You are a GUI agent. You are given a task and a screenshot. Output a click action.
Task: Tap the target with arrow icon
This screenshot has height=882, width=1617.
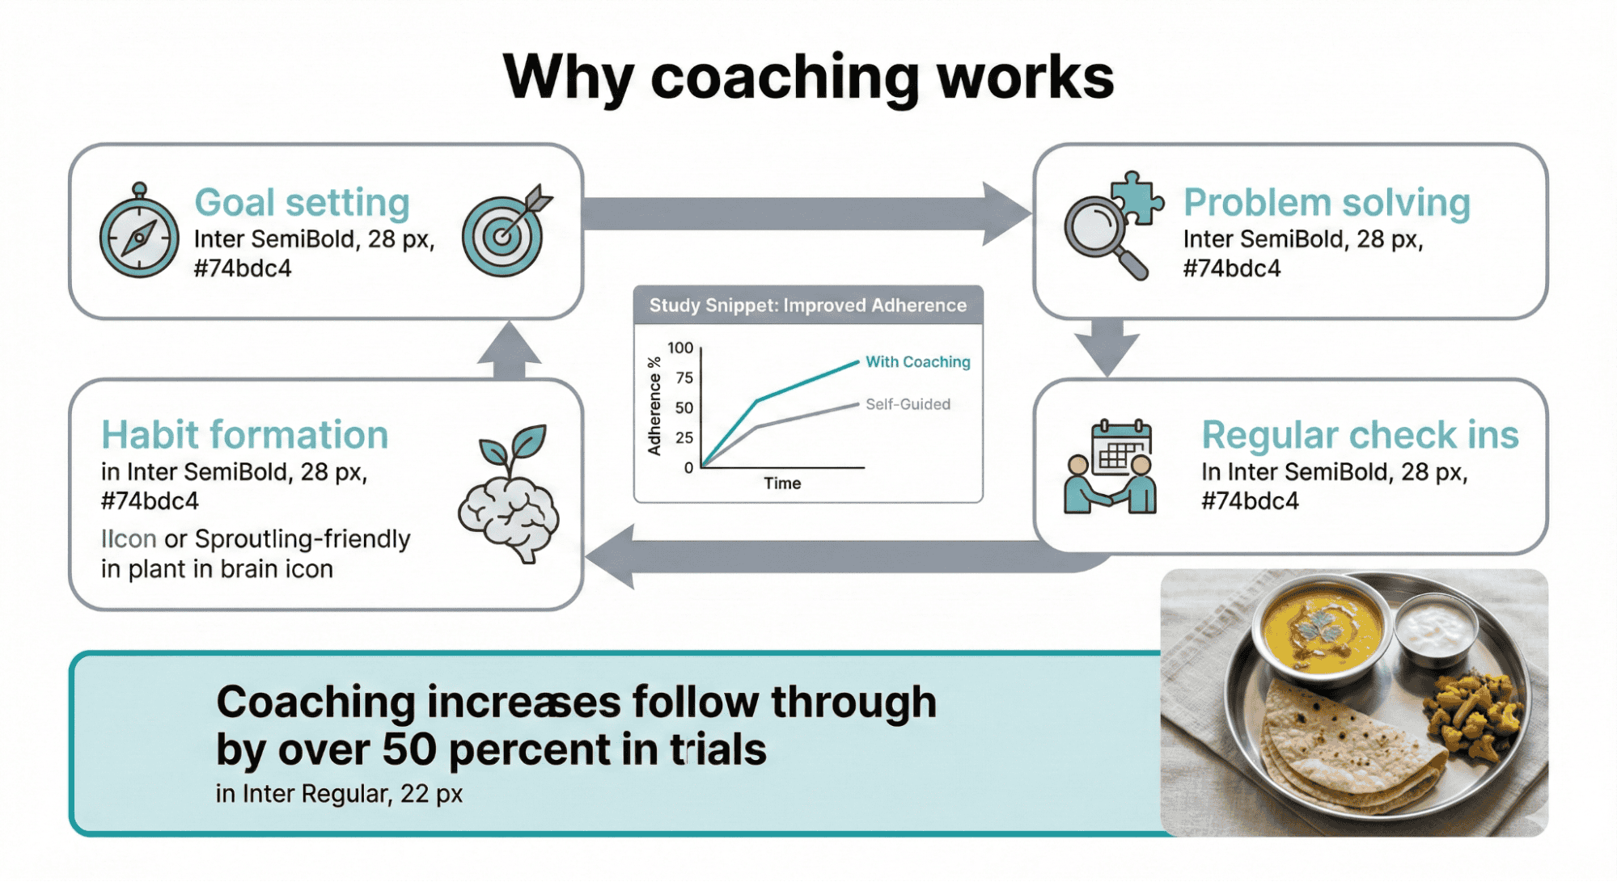tap(507, 230)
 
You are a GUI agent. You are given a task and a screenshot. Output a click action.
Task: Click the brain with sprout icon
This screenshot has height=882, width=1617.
tap(509, 493)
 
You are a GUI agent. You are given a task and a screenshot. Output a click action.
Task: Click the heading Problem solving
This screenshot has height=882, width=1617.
tap(1327, 202)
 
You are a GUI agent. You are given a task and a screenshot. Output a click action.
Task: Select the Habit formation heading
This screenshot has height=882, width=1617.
tap(244, 435)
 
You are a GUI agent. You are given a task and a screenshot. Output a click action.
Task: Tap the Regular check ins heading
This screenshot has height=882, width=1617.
tap(1360, 435)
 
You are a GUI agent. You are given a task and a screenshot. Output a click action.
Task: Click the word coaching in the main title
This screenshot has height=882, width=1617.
tap(785, 78)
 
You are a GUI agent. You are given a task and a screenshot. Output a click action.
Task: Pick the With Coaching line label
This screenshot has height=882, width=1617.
tap(917, 361)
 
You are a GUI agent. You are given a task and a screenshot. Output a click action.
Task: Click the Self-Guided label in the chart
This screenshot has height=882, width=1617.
tap(908, 404)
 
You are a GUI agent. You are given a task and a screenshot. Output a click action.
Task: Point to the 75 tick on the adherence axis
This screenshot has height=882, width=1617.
tap(684, 378)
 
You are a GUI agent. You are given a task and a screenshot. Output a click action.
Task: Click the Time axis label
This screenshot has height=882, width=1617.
tap(782, 483)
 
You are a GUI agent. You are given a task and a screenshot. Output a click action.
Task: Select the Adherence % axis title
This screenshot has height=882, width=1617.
tap(654, 406)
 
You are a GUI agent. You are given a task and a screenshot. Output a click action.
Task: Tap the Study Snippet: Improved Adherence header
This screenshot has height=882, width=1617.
tap(808, 306)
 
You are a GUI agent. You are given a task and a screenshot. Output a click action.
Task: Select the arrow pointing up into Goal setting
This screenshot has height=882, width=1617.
tap(510, 350)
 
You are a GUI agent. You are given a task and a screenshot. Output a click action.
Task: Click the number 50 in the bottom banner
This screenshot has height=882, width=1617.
tap(409, 749)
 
